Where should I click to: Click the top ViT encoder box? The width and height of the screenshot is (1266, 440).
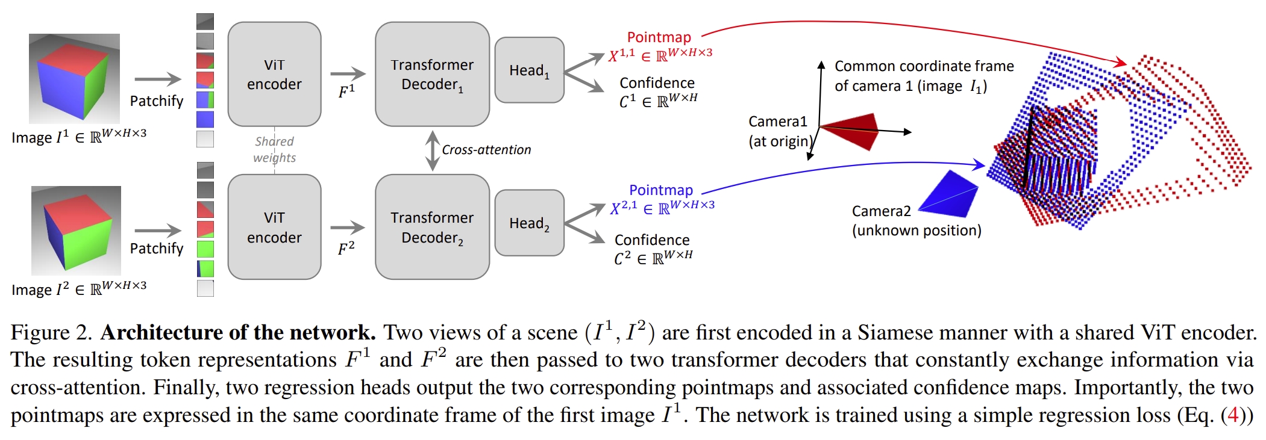pos(274,74)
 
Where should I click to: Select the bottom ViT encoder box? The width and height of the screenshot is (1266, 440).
pos(274,227)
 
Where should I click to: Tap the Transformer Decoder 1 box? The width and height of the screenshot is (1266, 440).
pos(432,74)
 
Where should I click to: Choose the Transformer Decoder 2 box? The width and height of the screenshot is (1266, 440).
pos(432,227)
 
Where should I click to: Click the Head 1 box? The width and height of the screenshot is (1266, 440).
pos(529,70)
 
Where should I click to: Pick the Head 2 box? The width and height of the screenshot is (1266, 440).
pos(529,223)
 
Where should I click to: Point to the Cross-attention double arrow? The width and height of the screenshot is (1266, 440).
pos(432,150)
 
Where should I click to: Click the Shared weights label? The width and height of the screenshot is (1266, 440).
pos(274,149)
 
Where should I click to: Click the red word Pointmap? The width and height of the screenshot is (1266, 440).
pos(659,37)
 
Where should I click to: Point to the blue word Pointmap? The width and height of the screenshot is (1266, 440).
pos(660,190)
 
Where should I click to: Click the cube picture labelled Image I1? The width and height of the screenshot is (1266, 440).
pos(74,78)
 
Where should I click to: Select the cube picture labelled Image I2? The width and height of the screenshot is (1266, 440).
pos(76,230)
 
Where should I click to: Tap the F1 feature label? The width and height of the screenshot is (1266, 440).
pos(346,91)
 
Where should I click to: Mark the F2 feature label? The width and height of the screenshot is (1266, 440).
pos(346,248)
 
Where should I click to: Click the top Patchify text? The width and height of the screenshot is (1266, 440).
pos(156,101)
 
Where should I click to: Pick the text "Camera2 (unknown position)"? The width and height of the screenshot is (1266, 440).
pos(915,221)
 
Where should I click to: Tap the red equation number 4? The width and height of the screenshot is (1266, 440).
pos(1233,415)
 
